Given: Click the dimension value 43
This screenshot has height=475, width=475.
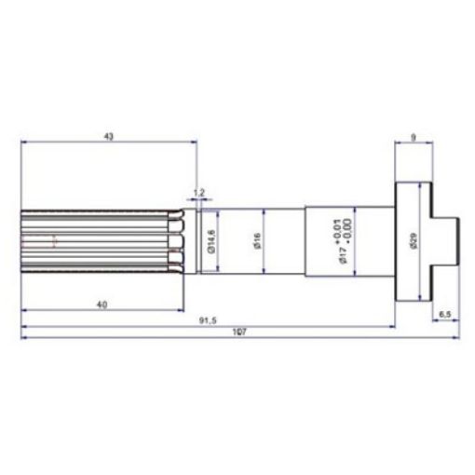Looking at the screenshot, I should coord(108,136).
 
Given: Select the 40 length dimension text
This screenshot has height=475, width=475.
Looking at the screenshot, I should coord(102,304).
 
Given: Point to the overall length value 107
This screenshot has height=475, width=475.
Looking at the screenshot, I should coord(239,332).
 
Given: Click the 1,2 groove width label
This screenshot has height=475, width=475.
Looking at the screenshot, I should coord(197,194).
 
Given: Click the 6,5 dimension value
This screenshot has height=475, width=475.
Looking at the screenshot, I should coord(444,314).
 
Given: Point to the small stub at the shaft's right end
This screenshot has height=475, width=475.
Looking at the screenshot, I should coord(449,240).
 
